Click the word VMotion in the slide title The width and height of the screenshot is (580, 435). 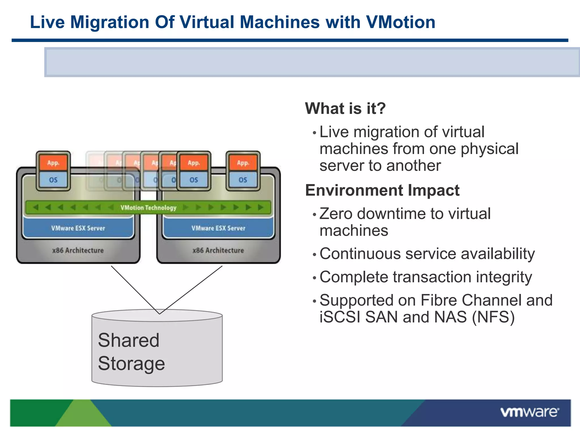(x=400, y=22)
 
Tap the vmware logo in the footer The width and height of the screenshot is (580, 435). (x=530, y=412)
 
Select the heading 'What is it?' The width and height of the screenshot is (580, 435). (x=345, y=108)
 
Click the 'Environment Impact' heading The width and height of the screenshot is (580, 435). (x=382, y=190)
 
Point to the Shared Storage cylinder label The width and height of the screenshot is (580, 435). (x=131, y=351)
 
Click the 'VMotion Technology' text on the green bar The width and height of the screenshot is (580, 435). (x=148, y=208)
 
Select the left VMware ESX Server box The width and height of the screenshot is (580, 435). (x=78, y=228)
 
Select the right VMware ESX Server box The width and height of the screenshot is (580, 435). (x=218, y=228)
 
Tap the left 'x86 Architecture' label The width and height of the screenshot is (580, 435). (x=78, y=250)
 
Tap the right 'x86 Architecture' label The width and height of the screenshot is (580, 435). (x=218, y=250)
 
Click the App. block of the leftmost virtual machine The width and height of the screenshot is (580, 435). (x=53, y=163)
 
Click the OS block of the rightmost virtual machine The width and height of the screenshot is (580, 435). (x=243, y=180)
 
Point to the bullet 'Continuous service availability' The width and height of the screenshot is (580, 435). (x=427, y=253)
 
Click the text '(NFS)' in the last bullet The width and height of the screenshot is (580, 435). (x=493, y=317)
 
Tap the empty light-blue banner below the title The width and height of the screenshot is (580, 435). (x=312, y=62)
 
